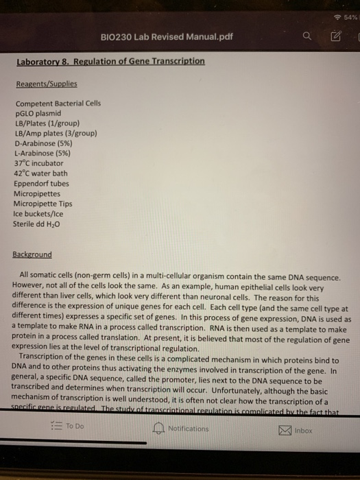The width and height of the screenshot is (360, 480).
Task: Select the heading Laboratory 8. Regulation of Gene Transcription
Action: click(110, 62)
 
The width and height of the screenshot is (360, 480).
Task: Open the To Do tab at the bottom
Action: click(67, 425)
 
